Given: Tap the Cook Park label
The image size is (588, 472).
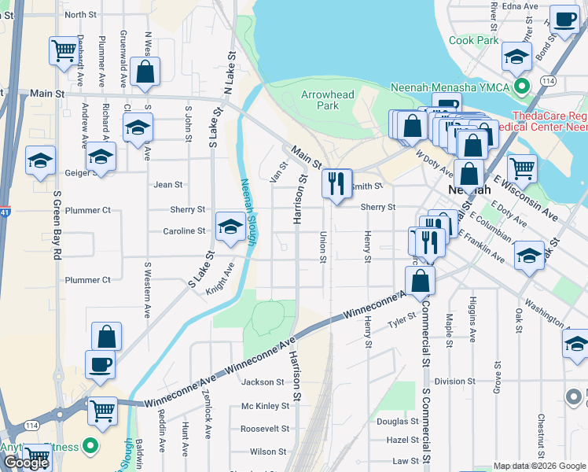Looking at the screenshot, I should click(x=474, y=40).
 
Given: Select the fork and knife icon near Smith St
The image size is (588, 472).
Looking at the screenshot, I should click(x=337, y=184).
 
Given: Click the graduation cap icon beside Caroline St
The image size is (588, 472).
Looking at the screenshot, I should click(x=229, y=227).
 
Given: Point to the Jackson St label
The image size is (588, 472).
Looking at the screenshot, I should click(x=263, y=382).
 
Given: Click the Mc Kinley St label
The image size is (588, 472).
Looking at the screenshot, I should click(x=263, y=407).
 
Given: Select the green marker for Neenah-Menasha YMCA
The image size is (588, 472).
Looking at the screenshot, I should click(x=542, y=86).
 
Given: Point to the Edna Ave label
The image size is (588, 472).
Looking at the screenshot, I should click(x=520, y=6).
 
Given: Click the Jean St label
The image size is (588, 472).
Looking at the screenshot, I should click(x=168, y=185).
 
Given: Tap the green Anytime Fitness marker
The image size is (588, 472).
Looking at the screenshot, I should click(x=90, y=447).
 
